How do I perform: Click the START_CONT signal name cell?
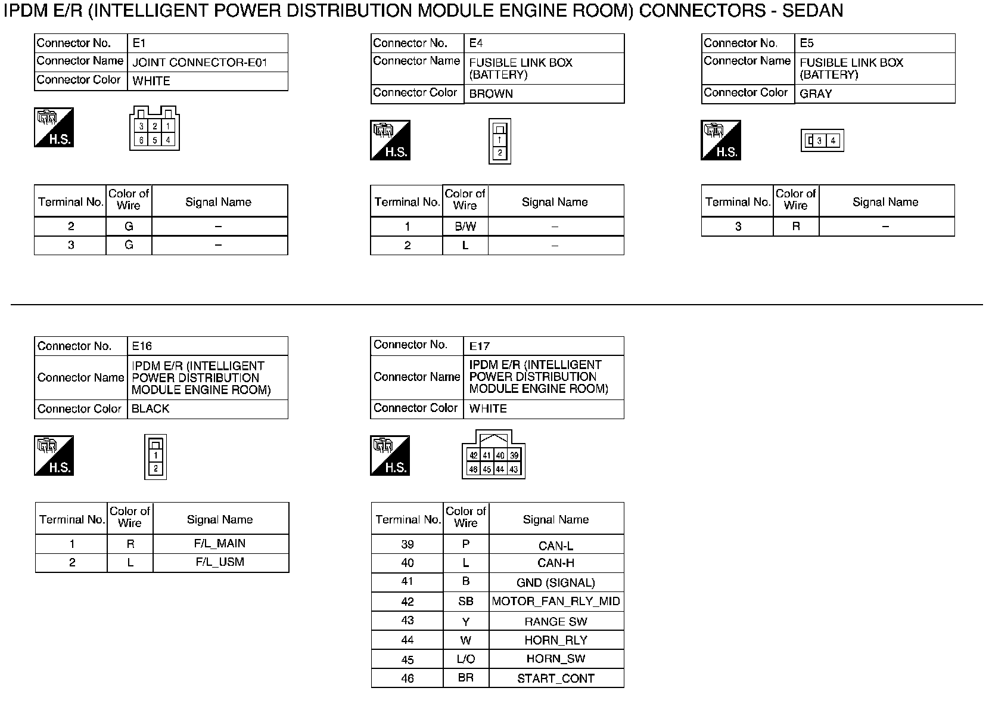tap(555, 678)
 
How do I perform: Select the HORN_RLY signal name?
tap(555, 640)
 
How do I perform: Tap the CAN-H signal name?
tap(555, 563)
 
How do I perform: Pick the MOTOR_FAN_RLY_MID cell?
tap(555, 601)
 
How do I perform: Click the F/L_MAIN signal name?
tap(219, 544)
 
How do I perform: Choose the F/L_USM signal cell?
tap(219, 562)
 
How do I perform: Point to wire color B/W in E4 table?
tap(465, 227)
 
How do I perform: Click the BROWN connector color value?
tap(491, 94)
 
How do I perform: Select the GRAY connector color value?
tap(816, 94)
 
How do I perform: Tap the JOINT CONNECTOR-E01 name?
tap(200, 63)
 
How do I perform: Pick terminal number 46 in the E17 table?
tap(407, 678)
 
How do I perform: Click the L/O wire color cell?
tap(465, 659)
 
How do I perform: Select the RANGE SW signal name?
tap(555, 621)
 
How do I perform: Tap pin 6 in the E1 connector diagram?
tap(141, 140)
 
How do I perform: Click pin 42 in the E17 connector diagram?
tap(473, 456)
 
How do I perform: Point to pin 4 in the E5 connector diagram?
tap(833, 141)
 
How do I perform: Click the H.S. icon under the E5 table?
tap(720, 141)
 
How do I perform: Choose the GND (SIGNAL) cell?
tap(555, 583)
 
